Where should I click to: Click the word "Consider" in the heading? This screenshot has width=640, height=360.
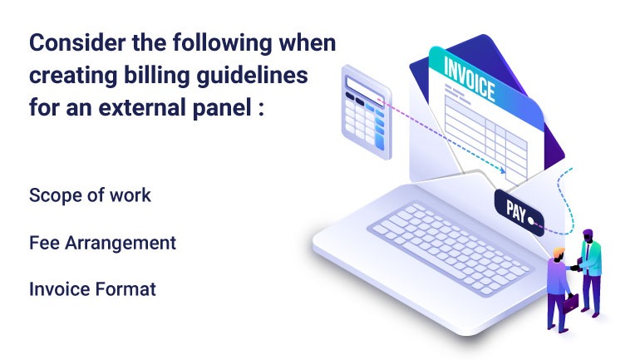(77, 42)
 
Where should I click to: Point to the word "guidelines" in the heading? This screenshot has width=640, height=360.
(252, 76)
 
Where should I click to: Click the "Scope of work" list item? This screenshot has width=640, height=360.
(91, 195)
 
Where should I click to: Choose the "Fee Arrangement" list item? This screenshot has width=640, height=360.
(103, 244)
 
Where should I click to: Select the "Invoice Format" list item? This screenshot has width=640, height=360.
(92, 289)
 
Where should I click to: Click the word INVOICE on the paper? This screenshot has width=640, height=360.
(470, 79)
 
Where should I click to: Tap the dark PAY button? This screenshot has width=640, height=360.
(519, 213)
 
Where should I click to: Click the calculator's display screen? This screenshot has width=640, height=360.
(365, 90)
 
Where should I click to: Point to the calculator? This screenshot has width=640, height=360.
(366, 111)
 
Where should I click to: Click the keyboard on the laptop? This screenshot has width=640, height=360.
(450, 248)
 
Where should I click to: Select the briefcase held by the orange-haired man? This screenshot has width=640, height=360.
(570, 303)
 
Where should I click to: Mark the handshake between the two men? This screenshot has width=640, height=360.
(575, 268)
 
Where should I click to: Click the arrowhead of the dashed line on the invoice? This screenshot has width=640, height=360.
(503, 170)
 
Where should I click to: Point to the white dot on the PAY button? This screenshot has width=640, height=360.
(531, 221)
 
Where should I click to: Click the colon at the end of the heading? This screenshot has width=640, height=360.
(261, 109)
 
